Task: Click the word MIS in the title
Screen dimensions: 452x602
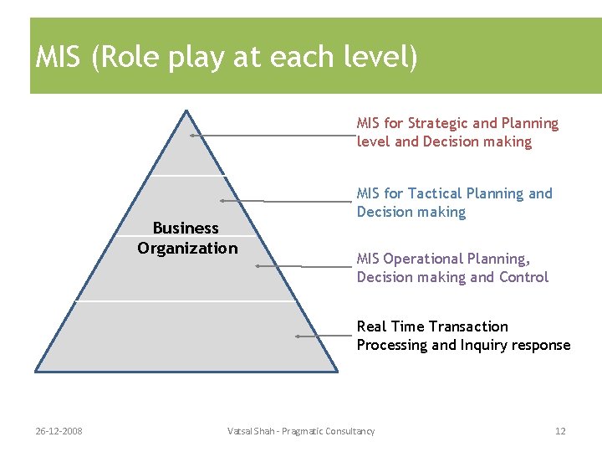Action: click(x=59, y=58)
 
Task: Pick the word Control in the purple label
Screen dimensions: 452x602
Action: click(x=522, y=277)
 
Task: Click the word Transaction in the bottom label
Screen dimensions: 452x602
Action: click(x=469, y=326)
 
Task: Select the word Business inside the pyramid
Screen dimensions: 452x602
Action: click(x=186, y=228)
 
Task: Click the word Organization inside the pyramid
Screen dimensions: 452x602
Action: click(x=187, y=248)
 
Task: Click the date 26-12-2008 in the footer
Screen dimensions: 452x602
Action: click(x=59, y=431)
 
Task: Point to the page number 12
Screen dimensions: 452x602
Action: click(x=560, y=431)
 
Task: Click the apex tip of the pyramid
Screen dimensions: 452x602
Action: click(x=186, y=110)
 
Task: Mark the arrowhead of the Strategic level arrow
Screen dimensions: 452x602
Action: click(x=191, y=134)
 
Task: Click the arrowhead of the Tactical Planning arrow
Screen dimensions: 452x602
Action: click(x=221, y=201)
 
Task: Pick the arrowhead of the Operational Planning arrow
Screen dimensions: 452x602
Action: click(x=258, y=265)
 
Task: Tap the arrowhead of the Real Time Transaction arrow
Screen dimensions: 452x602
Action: click(x=297, y=336)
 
